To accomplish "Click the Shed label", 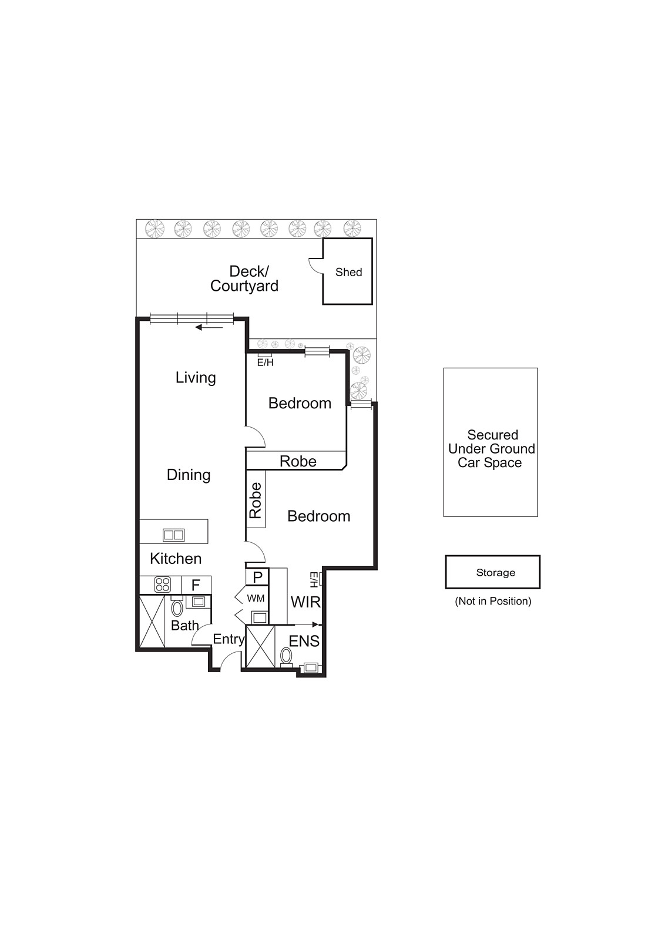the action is click(348, 273).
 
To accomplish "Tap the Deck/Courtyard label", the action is click(244, 278).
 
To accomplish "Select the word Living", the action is click(196, 378).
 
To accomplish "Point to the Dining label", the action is click(189, 475).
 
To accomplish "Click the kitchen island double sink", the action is click(174, 535).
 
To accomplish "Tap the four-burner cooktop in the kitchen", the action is click(162, 585).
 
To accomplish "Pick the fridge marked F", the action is click(196, 585).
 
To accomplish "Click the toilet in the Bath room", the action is click(177, 608).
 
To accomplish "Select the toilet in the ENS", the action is click(287, 656).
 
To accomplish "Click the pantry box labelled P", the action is click(257, 578).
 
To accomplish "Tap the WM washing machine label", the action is click(256, 599).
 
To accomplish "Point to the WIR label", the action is click(305, 602).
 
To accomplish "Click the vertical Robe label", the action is click(256, 500).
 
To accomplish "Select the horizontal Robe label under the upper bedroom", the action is click(298, 462).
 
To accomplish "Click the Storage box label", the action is click(495, 573).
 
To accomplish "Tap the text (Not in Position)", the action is click(493, 602).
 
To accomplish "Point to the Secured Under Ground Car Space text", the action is click(491, 449).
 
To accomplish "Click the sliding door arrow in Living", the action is click(209, 327).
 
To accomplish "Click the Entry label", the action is click(229, 640).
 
